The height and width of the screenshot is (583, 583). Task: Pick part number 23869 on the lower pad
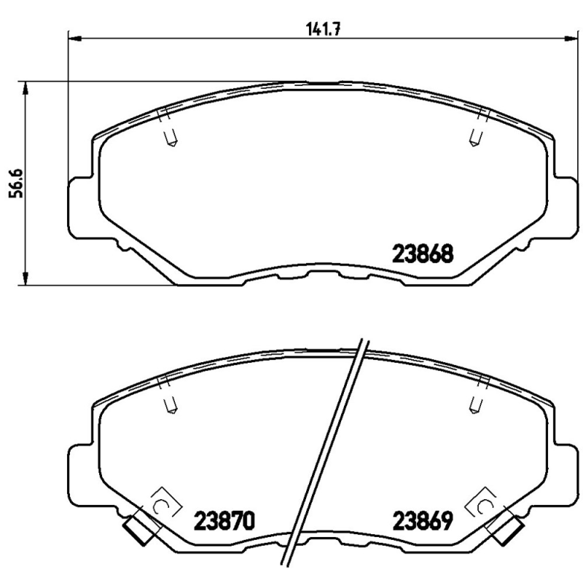pyautogui.click(x=423, y=521)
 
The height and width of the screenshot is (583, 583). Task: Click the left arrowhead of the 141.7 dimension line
pyautogui.click(x=74, y=37)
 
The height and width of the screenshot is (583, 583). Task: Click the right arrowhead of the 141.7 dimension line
pyautogui.click(x=564, y=37)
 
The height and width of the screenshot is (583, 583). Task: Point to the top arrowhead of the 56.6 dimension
pyautogui.click(x=27, y=87)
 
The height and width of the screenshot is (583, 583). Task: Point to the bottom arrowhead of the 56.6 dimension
pyautogui.click(x=27, y=278)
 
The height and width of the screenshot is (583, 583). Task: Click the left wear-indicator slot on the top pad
pyautogui.click(x=171, y=137)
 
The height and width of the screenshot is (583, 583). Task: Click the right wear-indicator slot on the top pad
pyautogui.click(x=475, y=137)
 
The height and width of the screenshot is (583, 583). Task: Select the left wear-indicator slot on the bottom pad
pyautogui.click(x=171, y=403)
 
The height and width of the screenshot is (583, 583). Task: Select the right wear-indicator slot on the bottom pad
pyautogui.click(x=475, y=403)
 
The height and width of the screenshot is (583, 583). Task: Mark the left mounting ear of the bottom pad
pyautogui.click(x=81, y=474)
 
